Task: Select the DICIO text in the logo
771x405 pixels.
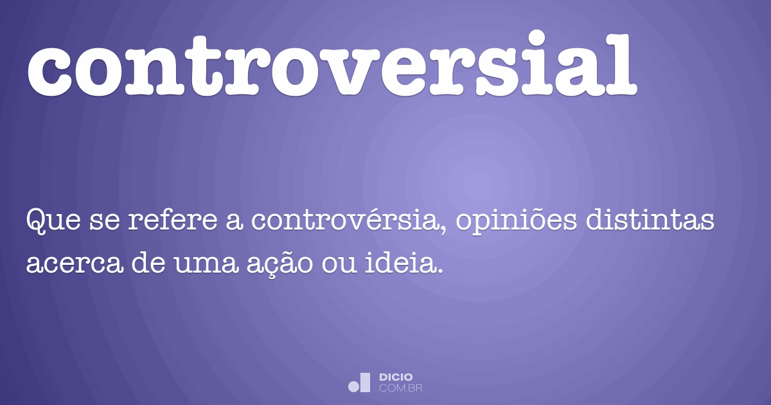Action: [x=396, y=377]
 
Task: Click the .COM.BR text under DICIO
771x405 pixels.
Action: [x=400, y=388]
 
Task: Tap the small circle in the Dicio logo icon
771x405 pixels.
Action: [x=353, y=386]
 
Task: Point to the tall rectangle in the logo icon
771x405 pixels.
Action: [x=365, y=382]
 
